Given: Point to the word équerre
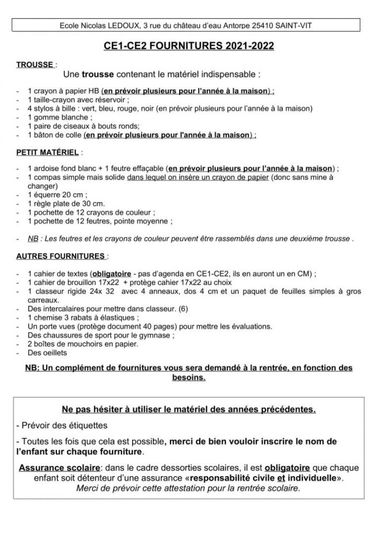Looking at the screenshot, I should pos(48,195).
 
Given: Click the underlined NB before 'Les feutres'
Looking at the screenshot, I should pos(33,238).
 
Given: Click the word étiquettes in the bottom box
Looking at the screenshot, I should pos(88,424).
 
